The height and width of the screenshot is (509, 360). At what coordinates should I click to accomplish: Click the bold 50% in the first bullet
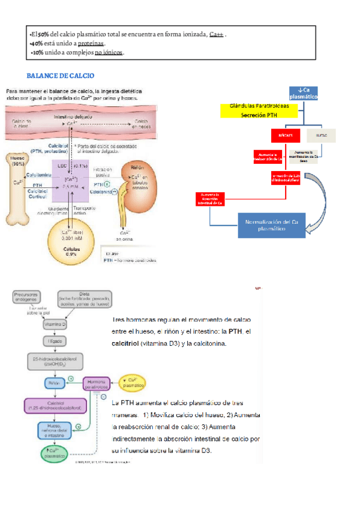click(42, 34)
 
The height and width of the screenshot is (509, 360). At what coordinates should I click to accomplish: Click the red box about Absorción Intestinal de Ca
click(211, 199)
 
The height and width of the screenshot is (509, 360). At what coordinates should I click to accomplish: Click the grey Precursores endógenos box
click(28, 298)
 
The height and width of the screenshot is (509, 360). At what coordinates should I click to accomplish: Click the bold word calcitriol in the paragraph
click(130, 344)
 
